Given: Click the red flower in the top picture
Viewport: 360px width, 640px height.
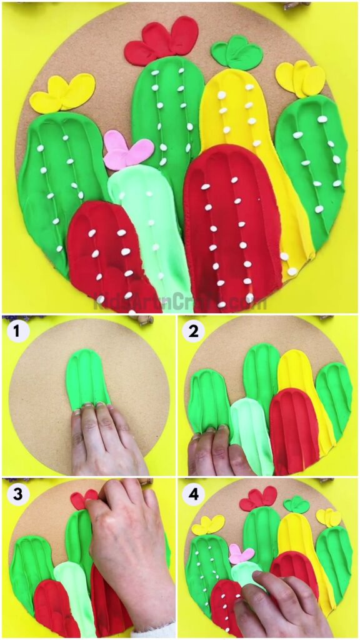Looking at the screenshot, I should point(161,42).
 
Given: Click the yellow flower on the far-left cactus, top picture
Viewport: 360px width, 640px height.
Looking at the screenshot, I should point(62,94).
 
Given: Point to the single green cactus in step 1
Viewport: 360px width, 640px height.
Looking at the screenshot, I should point(88,378).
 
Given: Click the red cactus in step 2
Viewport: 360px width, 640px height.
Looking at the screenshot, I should point(293,431).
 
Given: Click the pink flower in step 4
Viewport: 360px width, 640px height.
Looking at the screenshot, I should point(241,554).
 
